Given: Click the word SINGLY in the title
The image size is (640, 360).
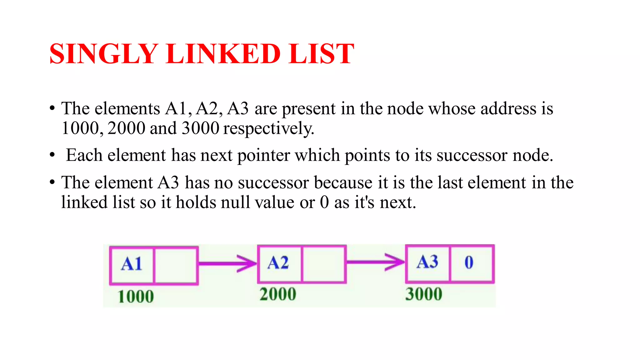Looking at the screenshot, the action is [x=103, y=54].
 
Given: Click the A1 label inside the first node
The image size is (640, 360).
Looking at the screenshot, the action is [x=132, y=264].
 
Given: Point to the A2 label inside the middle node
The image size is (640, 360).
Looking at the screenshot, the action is [x=278, y=263].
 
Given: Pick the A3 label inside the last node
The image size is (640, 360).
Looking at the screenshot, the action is [x=427, y=262].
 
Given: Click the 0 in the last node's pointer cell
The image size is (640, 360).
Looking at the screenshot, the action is [x=469, y=262].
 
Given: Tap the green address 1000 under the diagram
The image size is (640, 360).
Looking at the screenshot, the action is [x=136, y=297].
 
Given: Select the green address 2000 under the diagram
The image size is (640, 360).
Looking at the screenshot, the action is [x=278, y=294].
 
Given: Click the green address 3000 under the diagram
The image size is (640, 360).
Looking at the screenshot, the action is [x=424, y=294].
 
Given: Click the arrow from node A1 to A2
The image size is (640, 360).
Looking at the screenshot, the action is [x=227, y=263].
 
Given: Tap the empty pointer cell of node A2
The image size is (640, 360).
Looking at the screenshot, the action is [x=324, y=264].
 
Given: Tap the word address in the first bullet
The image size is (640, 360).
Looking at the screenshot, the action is [x=508, y=109].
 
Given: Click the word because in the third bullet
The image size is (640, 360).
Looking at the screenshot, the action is [x=343, y=183].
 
